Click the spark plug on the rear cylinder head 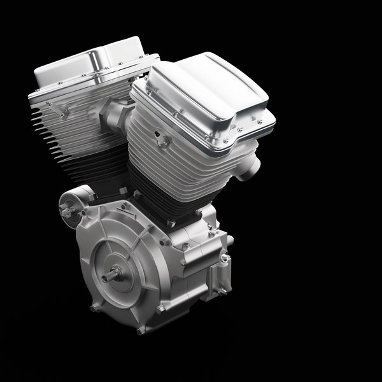click(62, 113)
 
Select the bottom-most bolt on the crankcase click(141, 330)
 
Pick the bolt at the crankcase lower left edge click(94, 307)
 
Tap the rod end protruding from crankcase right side click(229, 240)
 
